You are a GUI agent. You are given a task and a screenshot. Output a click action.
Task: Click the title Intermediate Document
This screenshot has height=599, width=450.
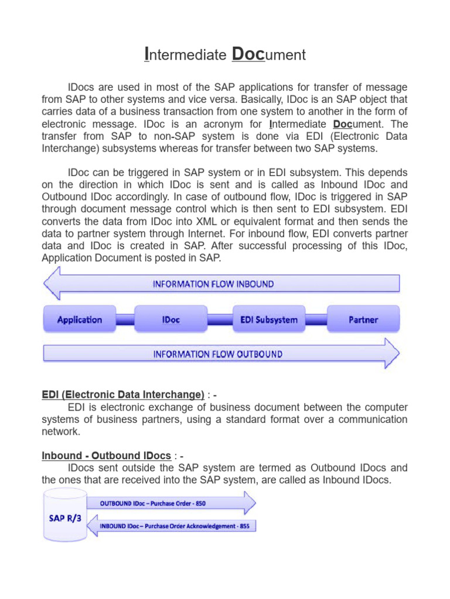coord(225,55)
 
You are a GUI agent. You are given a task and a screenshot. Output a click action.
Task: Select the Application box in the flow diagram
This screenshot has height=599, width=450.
coord(80,320)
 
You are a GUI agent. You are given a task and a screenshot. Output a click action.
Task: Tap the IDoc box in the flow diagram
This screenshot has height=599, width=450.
coord(171,320)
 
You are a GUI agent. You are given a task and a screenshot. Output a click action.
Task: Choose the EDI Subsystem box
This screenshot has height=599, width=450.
coord(269,320)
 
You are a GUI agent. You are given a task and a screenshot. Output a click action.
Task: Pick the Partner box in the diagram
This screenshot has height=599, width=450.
coord(363,320)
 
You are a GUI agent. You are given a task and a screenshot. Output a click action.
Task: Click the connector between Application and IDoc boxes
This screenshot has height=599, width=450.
coord(125,320)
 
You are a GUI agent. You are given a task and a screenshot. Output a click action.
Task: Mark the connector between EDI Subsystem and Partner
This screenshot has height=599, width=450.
coord(316,320)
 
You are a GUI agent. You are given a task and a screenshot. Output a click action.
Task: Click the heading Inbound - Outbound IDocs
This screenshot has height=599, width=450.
coord(106,456)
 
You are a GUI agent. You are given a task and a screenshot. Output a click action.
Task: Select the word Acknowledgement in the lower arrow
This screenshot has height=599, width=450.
coord(205,526)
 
